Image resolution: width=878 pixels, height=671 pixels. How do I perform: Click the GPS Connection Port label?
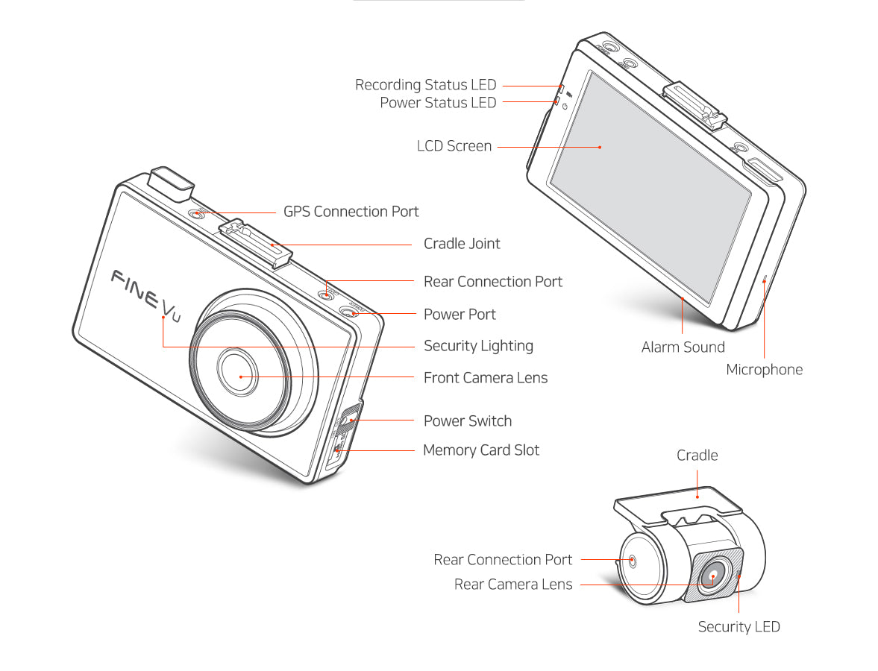click(x=351, y=212)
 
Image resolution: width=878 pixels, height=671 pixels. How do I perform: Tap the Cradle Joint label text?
click(x=462, y=244)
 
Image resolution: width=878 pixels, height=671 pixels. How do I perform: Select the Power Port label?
click(x=460, y=314)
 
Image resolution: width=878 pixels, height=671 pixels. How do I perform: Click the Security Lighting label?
click(x=478, y=346)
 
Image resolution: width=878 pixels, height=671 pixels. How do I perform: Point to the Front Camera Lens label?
click(x=485, y=378)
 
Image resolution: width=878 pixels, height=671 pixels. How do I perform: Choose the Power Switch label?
click(x=467, y=421)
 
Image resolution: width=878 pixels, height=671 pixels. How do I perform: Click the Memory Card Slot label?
click(x=480, y=450)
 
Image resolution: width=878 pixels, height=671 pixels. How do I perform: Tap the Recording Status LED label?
click(x=425, y=85)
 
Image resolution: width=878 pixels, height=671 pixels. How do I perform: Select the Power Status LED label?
click(x=437, y=103)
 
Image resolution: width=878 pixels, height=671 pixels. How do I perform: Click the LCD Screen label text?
click(x=454, y=146)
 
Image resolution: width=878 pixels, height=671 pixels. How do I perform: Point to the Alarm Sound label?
click(x=683, y=347)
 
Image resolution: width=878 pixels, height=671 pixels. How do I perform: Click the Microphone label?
click(x=764, y=370)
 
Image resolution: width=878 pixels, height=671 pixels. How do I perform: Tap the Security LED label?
click(x=739, y=627)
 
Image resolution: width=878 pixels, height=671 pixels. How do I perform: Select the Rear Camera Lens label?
click(x=513, y=585)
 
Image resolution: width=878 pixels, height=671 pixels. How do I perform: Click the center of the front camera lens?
click(x=239, y=376)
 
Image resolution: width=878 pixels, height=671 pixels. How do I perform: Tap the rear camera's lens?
click(x=712, y=576)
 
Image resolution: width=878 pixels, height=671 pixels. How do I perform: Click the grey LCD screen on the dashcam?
click(x=649, y=186)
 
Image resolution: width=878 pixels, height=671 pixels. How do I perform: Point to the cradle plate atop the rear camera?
click(x=679, y=500)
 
